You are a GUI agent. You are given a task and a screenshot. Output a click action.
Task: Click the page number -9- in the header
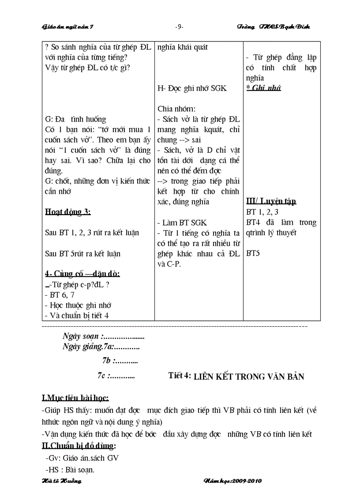(180, 27)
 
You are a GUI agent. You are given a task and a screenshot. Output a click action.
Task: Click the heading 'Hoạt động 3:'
(68, 212)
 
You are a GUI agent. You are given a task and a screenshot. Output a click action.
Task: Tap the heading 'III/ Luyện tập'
(271, 201)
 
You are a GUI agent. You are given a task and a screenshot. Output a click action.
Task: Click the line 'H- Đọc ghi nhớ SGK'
(192, 88)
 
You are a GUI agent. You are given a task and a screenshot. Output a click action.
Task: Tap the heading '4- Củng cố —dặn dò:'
(82, 274)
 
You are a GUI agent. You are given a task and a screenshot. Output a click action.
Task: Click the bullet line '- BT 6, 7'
(60, 294)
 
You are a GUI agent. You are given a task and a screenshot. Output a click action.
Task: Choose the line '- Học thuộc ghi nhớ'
(78, 305)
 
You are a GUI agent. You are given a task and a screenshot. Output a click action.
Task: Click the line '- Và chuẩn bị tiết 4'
(77, 315)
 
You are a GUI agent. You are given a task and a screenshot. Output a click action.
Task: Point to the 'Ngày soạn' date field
(103, 336)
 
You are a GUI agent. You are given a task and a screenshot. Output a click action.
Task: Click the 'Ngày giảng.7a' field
(101, 347)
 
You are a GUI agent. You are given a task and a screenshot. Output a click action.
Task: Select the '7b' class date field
(120, 361)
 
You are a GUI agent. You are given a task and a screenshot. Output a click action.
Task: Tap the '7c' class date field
(116, 376)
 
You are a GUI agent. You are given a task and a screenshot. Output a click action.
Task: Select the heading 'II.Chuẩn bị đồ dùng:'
(79, 446)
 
